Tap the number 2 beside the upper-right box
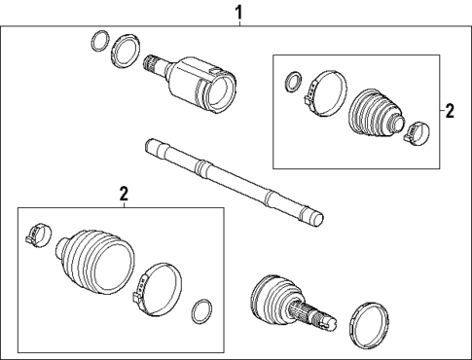[x=449, y=111]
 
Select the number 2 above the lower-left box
[x=125, y=195]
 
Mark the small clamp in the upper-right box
[x=416, y=127]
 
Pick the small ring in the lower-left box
[x=201, y=311]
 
